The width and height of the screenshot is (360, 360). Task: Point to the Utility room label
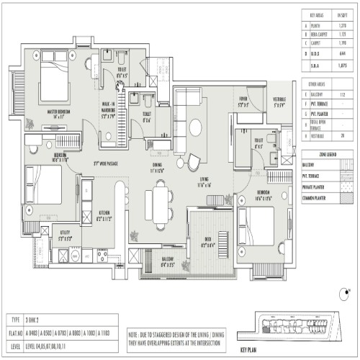[x=66, y=235]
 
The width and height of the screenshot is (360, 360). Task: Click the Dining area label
[x=156, y=167]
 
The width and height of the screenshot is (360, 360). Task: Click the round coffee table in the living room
[x=194, y=127]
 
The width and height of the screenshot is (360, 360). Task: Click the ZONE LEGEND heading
[x=328, y=155]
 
